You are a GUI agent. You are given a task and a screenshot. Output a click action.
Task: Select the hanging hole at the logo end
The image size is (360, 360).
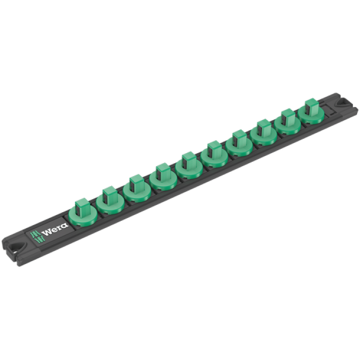pos(17,247)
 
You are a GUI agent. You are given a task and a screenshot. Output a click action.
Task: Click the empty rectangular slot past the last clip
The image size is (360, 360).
pos(331,109)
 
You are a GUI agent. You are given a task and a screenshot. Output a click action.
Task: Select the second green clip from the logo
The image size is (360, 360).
pos(110,201)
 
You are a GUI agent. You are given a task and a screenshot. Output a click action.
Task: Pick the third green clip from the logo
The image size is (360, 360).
pos(137,189)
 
